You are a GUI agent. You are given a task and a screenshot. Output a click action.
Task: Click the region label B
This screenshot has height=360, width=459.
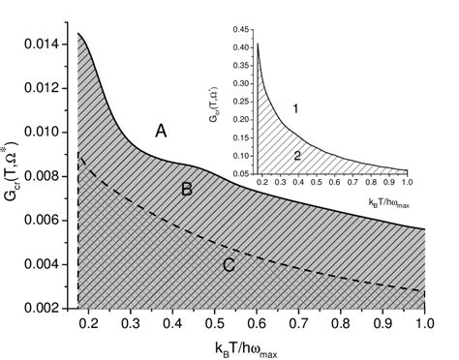pyautogui.click(x=187, y=190)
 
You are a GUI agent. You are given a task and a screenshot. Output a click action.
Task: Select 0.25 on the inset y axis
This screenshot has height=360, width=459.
pyautogui.click(x=241, y=94)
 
